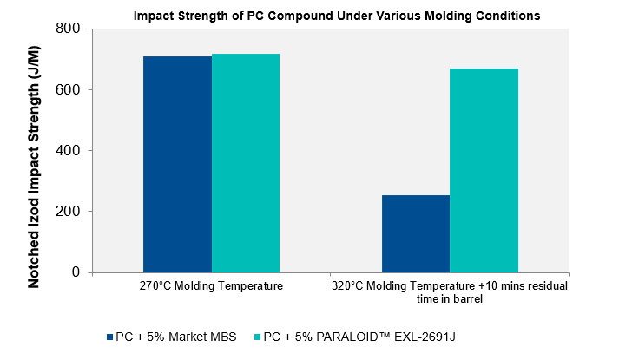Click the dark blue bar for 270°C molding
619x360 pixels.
(177, 164)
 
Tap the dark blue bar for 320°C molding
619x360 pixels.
(416, 233)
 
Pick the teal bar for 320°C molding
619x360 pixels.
(484, 170)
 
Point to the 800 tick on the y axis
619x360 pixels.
(69, 29)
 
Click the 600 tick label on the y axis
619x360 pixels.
(69, 89)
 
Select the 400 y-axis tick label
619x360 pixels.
(69, 150)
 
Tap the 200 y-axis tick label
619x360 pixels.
(69, 211)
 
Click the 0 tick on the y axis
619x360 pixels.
(76, 272)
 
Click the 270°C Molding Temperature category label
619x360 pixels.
(211, 285)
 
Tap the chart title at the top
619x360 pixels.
(336, 16)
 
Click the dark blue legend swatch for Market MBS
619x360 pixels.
(109, 337)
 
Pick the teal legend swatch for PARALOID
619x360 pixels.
(257, 337)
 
